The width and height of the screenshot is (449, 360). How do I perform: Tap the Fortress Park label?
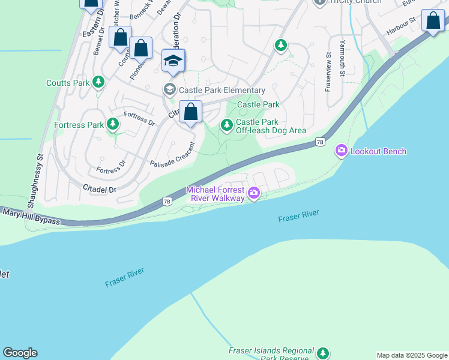click(79, 125)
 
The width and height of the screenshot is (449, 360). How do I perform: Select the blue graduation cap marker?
click(173, 61)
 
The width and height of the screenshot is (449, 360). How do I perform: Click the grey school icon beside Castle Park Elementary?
click(169, 89)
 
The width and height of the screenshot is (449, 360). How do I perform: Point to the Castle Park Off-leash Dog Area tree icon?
click(227, 125)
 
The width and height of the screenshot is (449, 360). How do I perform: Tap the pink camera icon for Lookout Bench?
click(342, 151)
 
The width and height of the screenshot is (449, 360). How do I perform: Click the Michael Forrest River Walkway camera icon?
click(254, 193)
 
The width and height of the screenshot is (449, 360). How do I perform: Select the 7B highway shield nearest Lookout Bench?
click(320, 142)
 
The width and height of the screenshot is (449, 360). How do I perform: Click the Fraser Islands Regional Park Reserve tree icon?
click(324, 353)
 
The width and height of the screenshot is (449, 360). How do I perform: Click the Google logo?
click(20, 353)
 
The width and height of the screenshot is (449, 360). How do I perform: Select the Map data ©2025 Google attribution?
click(412, 355)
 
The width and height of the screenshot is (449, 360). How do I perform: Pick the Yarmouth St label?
click(343, 58)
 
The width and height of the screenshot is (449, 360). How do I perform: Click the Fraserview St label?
click(328, 72)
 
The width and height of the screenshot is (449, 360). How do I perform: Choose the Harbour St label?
click(401, 26)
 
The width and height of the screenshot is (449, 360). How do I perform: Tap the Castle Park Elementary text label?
click(214, 89)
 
